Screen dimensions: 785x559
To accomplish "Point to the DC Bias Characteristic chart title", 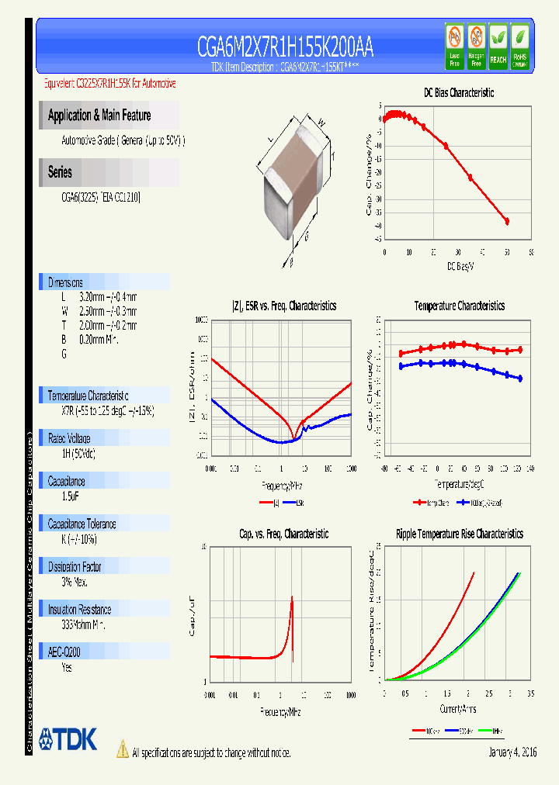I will click(459, 92).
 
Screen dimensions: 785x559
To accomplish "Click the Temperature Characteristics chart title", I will click(459, 306).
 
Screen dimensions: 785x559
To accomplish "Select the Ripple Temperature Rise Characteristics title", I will click(459, 534).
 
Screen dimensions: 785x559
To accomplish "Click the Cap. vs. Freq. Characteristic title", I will click(283, 534).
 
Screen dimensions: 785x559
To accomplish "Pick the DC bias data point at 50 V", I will click(507, 222).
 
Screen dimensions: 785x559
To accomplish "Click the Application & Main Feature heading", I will click(99, 116).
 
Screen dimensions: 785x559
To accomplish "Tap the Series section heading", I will click(60, 172).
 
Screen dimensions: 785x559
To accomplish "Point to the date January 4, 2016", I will click(512, 752).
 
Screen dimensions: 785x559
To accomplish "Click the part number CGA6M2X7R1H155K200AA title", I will click(285, 48).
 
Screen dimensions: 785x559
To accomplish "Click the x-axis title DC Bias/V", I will click(460, 266).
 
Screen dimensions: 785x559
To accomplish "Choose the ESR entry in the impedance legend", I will click(296, 503).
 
